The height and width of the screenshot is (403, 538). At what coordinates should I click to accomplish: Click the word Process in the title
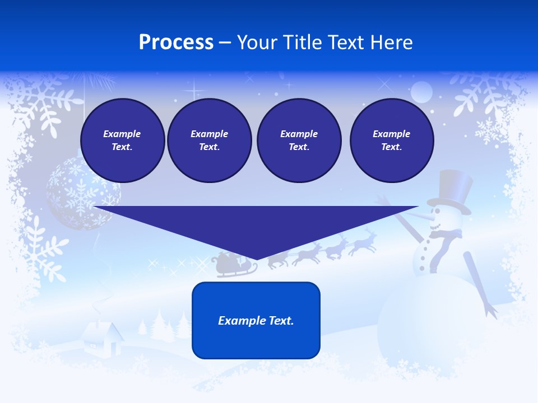pos(176,43)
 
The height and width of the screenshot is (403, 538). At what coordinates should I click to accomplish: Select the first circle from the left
pos(122,140)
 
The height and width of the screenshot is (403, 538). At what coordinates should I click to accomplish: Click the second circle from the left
pos(209,140)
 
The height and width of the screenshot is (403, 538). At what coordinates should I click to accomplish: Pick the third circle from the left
pos(299,140)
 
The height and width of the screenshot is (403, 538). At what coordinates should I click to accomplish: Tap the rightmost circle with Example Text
pos(391,140)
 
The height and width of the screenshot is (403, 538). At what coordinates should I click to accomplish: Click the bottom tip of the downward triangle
pos(257,258)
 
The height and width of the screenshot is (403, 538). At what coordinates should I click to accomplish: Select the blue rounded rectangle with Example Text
pos(256,320)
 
